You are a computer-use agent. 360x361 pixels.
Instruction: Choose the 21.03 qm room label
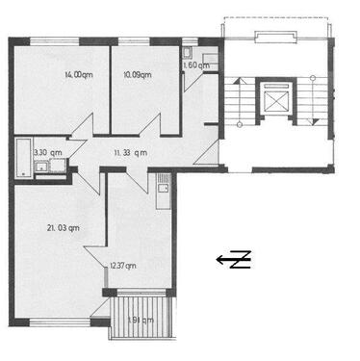click(x=62, y=227)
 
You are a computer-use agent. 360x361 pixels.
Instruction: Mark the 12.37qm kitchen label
click(x=122, y=266)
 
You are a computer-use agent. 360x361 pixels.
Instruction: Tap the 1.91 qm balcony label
click(x=141, y=321)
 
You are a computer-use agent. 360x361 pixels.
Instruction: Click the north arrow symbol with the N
click(x=234, y=258)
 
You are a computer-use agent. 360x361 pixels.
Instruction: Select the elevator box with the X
click(x=276, y=99)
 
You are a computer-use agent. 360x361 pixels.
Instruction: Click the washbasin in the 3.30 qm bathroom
click(x=42, y=169)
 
